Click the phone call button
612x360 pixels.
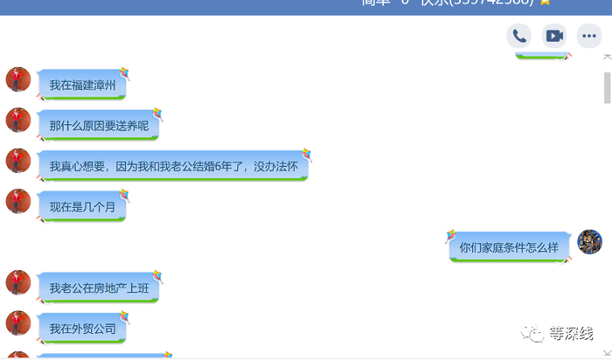(x=519, y=36)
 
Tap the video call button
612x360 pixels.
(x=554, y=36)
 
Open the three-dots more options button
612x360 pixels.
(x=589, y=36)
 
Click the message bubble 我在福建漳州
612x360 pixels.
(x=82, y=86)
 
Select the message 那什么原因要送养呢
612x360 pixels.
(x=99, y=126)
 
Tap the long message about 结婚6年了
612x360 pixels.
(x=172, y=166)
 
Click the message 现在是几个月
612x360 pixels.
(x=82, y=207)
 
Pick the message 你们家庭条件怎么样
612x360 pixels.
(x=509, y=247)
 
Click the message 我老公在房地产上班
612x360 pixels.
(x=99, y=287)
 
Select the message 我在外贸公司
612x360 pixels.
(x=82, y=329)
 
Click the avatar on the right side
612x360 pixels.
(x=590, y=242)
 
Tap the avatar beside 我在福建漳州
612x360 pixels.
(x=18, y=80)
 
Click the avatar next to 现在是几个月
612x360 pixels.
(x=18, y=201)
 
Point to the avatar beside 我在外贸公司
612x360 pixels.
(x=18, y=322)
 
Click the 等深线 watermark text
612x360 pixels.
(x=571, y=334)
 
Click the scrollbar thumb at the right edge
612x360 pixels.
(x=607, y=88)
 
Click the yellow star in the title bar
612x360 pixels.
(x=546, y=3)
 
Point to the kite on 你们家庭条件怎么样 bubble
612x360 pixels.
(x=451, y=236)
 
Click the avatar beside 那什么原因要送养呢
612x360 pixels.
(x=18, y=120)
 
